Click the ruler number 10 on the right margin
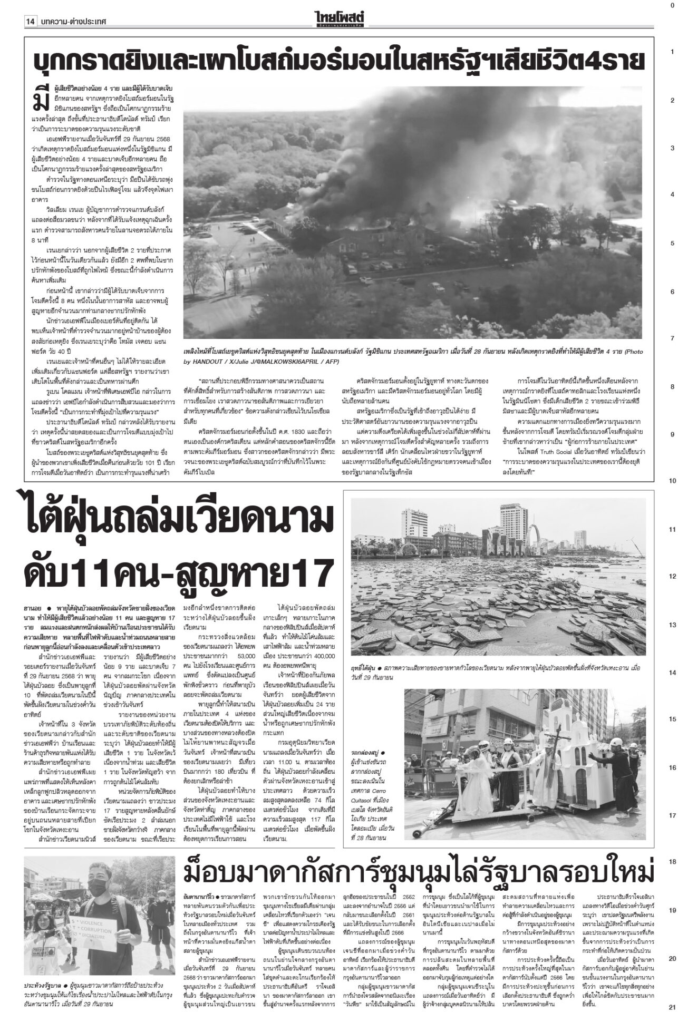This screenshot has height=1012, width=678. tap(673, 481)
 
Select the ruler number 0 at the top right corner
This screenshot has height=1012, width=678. tap(672, 5)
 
